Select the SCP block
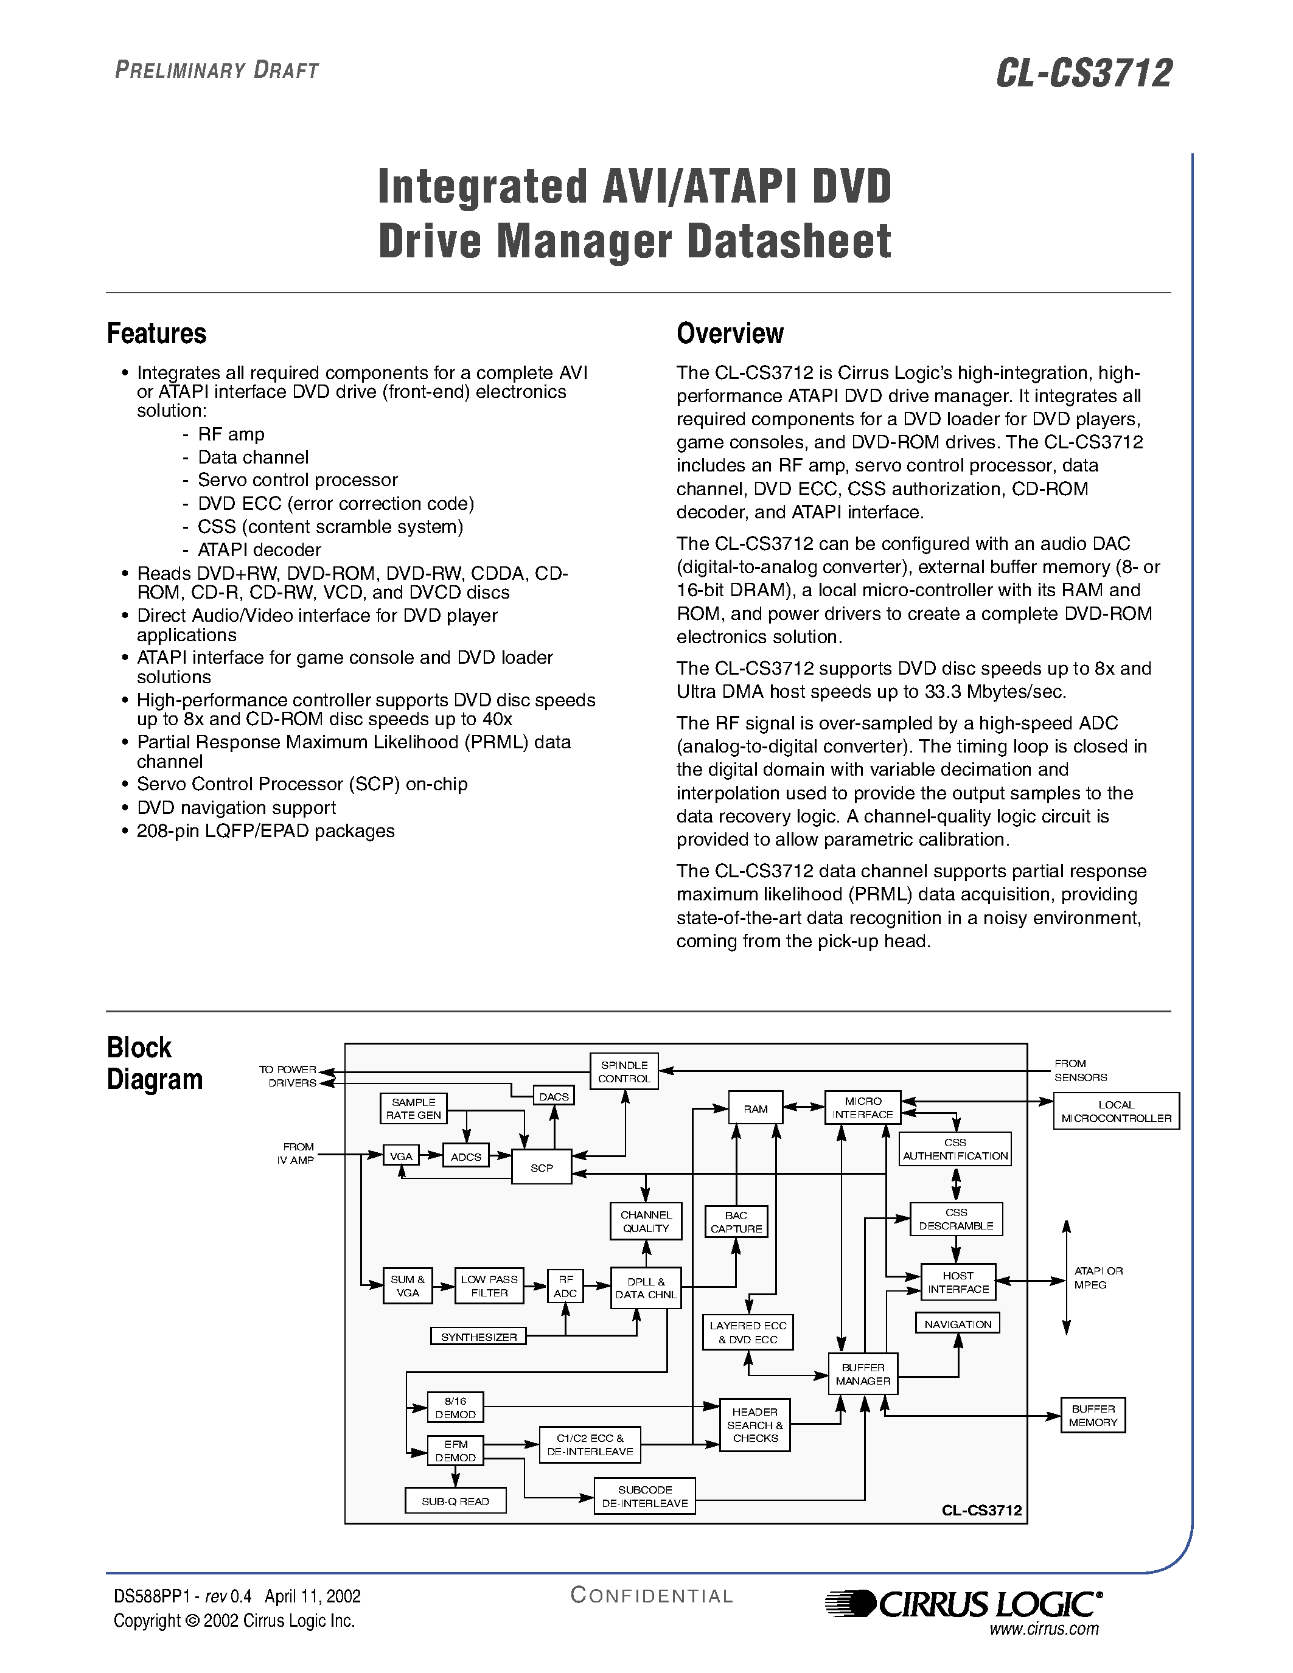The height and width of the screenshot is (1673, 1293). pos(542,1167)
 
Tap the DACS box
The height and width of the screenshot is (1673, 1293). pos(554,1096)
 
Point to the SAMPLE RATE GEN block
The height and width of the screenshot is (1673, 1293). pos(414,1108)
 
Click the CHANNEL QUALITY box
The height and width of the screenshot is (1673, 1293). pos(646,1221)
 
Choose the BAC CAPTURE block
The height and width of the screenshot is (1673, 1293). pos(736,1222)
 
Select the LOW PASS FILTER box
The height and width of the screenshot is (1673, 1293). pos(489,1285)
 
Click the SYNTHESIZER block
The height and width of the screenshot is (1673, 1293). pos(479,1337)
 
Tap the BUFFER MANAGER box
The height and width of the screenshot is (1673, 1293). pos(863,1374)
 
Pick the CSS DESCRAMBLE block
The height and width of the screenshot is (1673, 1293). pos(956,1219)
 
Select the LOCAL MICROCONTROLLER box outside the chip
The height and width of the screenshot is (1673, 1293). pos(1116,1111)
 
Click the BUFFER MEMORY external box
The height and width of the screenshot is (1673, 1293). pos(1093,1416)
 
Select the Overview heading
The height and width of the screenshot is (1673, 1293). pos(730,333)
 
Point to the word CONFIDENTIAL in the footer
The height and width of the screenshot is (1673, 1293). pos(652,1596)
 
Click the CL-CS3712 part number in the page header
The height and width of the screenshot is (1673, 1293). pos(1084,74)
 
